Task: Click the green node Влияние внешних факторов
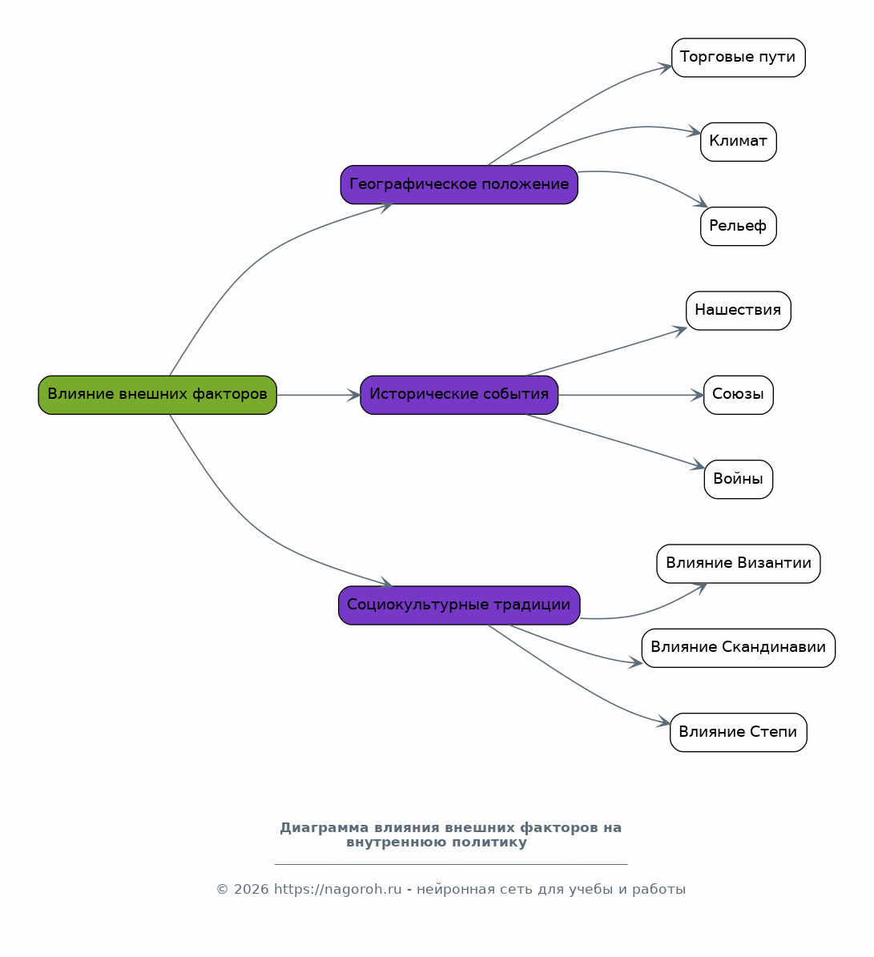158,395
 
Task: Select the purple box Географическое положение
459,184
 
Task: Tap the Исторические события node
459,395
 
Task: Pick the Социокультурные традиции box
459,605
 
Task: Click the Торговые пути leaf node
739,58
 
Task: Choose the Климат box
739,142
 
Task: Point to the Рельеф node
739,227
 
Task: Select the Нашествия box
739,311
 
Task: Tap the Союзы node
739,395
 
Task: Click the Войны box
739,479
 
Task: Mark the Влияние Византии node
739,563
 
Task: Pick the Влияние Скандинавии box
739,648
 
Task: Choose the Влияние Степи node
739,733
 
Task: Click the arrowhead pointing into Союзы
698,395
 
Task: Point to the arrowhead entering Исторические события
354,395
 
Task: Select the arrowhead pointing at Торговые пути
665,66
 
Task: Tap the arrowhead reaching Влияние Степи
663,722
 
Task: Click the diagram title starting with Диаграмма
451,835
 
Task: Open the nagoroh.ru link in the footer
337,889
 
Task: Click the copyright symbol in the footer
222,890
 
